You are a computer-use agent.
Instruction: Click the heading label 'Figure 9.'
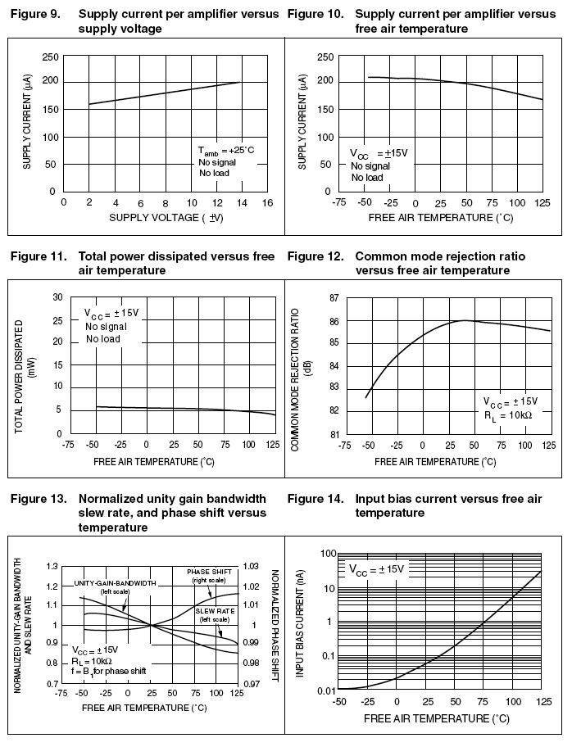[x=32, y=14]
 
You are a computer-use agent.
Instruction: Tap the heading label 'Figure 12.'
[x=316, y=256]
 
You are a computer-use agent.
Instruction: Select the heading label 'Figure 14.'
[x=316, y=498]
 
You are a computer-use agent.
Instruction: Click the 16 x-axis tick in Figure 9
[x=268, y=203]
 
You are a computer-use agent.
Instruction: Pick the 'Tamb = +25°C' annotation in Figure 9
[x=225, y=152]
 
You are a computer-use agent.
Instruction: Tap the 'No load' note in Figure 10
[x=366, y=177]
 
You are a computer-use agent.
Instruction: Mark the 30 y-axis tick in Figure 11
[x=57, y=297]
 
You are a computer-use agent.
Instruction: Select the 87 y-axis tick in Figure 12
[x=333, y=298]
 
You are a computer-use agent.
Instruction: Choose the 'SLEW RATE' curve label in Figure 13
[x=216, y=611]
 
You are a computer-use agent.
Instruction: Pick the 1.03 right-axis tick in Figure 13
[x=251, y=566]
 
